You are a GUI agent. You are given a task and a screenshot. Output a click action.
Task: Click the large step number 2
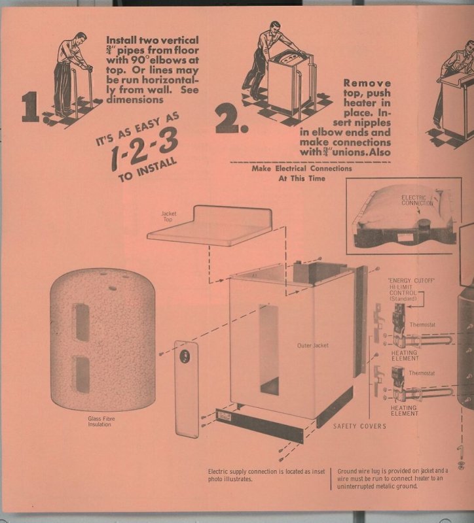pyautogui.click(x=231, y=118)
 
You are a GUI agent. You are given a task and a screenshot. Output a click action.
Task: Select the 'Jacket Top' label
pyautogui.click(x=169, y=217)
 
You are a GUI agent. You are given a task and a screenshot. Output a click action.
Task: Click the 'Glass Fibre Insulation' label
pyautogui.click(x=101, y=421)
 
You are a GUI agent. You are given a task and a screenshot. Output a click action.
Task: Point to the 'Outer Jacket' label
pyautogui.click(x=313, y=345)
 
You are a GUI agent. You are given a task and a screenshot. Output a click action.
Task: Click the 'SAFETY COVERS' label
pyautogui.click(x=359, y=426)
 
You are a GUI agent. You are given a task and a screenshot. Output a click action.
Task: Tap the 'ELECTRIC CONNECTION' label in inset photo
pyautogui.click(x=417, y=200)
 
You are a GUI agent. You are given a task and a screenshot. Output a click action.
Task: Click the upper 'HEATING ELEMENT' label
pyautogui.click(x=405, y=356)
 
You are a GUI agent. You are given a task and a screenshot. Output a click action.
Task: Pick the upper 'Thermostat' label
pyautogui.click(x=422, y=324)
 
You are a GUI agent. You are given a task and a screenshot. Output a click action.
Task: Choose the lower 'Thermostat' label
pyautogui.click(x=422, y=373)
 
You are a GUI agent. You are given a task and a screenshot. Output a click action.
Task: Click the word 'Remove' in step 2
pyautogui.click(x=367, y=83)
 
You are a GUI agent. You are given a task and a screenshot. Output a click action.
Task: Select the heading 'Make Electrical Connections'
pyautogui.click(x=302, y=169)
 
